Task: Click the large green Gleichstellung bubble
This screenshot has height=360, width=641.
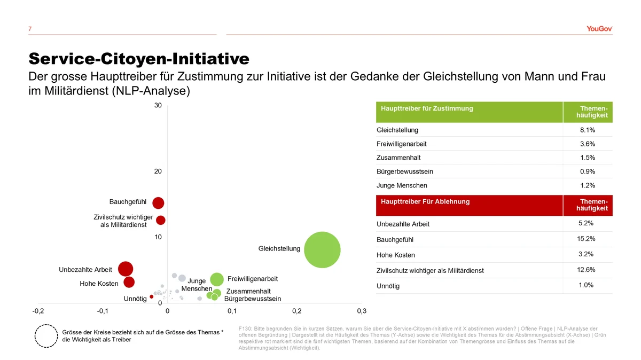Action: [323, 249]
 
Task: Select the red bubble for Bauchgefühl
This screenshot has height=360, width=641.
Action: [158, 203]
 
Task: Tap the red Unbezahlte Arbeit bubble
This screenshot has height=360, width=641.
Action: [125, 269]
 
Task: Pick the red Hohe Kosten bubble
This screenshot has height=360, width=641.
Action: [129, 282]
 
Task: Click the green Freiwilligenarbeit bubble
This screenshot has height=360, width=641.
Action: [216, 279]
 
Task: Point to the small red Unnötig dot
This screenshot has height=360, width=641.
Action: [152, 297]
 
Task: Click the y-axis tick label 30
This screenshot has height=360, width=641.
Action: [158, 106]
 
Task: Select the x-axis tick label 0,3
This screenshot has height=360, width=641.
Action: [362, 311]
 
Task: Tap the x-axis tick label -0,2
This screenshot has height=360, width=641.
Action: [38, 311]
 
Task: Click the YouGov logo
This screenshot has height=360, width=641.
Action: [599, 29]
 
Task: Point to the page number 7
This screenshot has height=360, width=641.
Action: [30, 29]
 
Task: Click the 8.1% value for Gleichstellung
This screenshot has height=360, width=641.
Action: [588, 130]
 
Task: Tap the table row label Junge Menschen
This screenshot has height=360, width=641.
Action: [402, 185]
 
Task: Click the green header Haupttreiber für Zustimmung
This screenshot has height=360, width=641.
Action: [427, 108]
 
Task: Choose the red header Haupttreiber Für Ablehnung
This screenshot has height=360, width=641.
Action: [425, 201]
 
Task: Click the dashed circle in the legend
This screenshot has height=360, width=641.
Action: [46, 336]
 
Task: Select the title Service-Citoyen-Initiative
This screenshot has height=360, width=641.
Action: [139, 58]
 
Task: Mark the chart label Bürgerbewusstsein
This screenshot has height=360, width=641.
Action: [253, 299]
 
